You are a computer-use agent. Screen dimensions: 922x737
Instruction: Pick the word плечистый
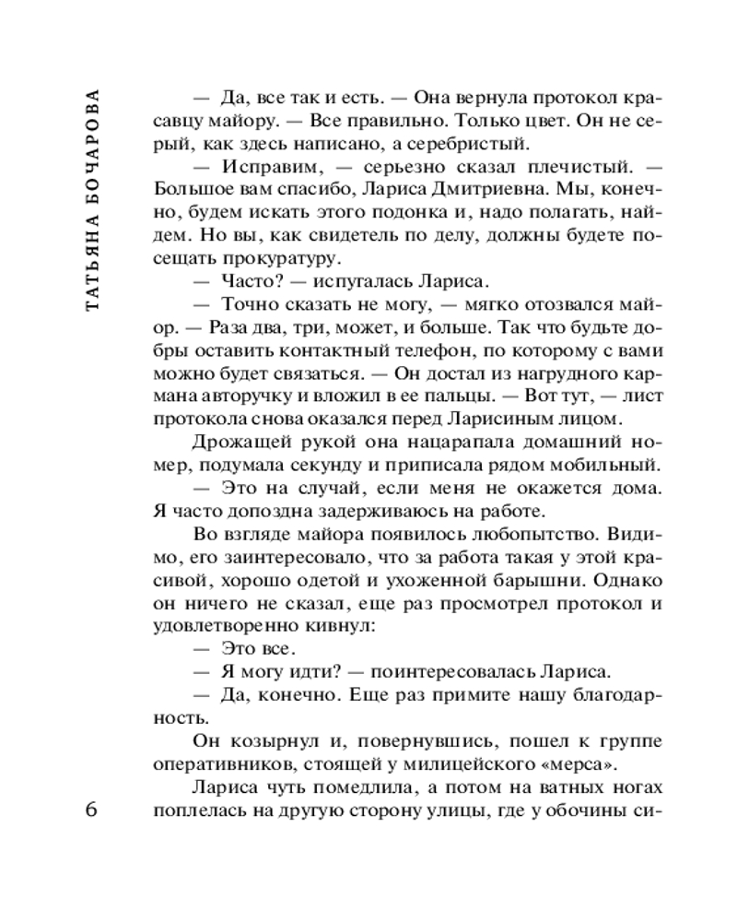coord(560,167)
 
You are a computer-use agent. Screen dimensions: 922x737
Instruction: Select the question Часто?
coord(249,281)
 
